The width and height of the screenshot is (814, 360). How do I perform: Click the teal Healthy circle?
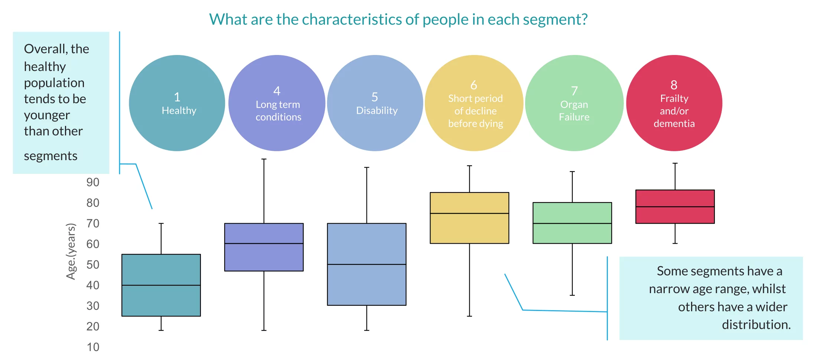[x=177, y=103]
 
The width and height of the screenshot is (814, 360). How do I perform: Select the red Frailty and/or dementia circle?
[x=674, y=103]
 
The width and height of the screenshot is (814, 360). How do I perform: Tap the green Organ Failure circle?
[x=574, y=103]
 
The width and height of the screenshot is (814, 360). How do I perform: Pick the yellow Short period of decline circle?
[x=474, y=103]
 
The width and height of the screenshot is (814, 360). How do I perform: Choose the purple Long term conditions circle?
[x=277, y=103]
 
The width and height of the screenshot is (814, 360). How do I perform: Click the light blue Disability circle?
[x=375, y=103]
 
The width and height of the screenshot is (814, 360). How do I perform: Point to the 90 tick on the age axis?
[x=93, y=182]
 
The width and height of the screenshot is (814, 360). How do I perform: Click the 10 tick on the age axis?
[x=93, y=347]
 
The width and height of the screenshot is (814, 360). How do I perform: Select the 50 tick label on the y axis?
[x=93, y=265]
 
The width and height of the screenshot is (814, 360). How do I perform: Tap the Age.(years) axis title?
[x=71, y=251]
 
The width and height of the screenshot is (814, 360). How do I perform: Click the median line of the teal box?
[x=161, y=285]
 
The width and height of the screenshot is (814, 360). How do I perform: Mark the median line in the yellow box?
[x=469, y=213]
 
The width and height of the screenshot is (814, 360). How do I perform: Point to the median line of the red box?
[x=675, y=207]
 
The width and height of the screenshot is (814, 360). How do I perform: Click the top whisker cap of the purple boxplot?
[x=264, y=159]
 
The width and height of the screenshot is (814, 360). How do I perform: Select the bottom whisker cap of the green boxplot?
[x=572, y=295]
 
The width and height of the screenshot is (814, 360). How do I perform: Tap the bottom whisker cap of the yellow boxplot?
[x=469, y=316]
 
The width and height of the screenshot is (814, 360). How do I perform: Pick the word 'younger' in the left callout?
[x=47, y=115]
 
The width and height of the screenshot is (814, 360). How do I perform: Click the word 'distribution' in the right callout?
[x=755, y=325]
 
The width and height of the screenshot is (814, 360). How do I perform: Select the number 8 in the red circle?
[x=674, y=85]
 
